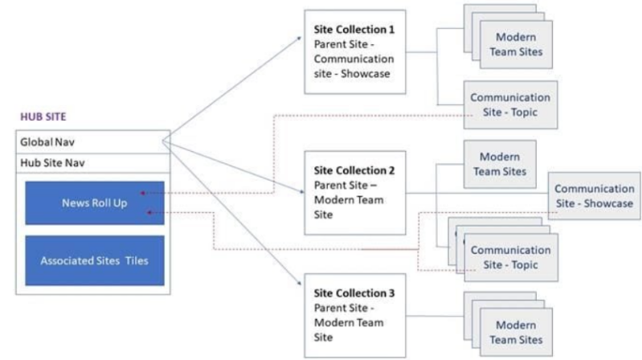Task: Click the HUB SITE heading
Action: click(x=42, y=117)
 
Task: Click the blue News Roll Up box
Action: click(x=94, y=203)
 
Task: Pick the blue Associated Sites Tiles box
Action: click(x=94, y=260)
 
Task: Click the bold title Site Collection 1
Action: click(x=354, y=30)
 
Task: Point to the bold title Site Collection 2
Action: click(x=354, y=171)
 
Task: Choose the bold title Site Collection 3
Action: click(x=354, y=293)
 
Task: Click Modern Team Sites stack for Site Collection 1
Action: click(x=515, y=45)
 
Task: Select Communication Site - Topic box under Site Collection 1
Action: click(x=510, y=104)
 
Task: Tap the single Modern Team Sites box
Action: click(x=499, y=164)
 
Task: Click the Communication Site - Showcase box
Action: click(x=594, y=196)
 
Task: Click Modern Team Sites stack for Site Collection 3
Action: click(x=515, y=332)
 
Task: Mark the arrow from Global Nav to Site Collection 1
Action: click(x=233, y=90)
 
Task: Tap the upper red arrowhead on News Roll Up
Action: click(x=141, y=193)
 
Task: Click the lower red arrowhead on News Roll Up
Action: click(x=152, y=213)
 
